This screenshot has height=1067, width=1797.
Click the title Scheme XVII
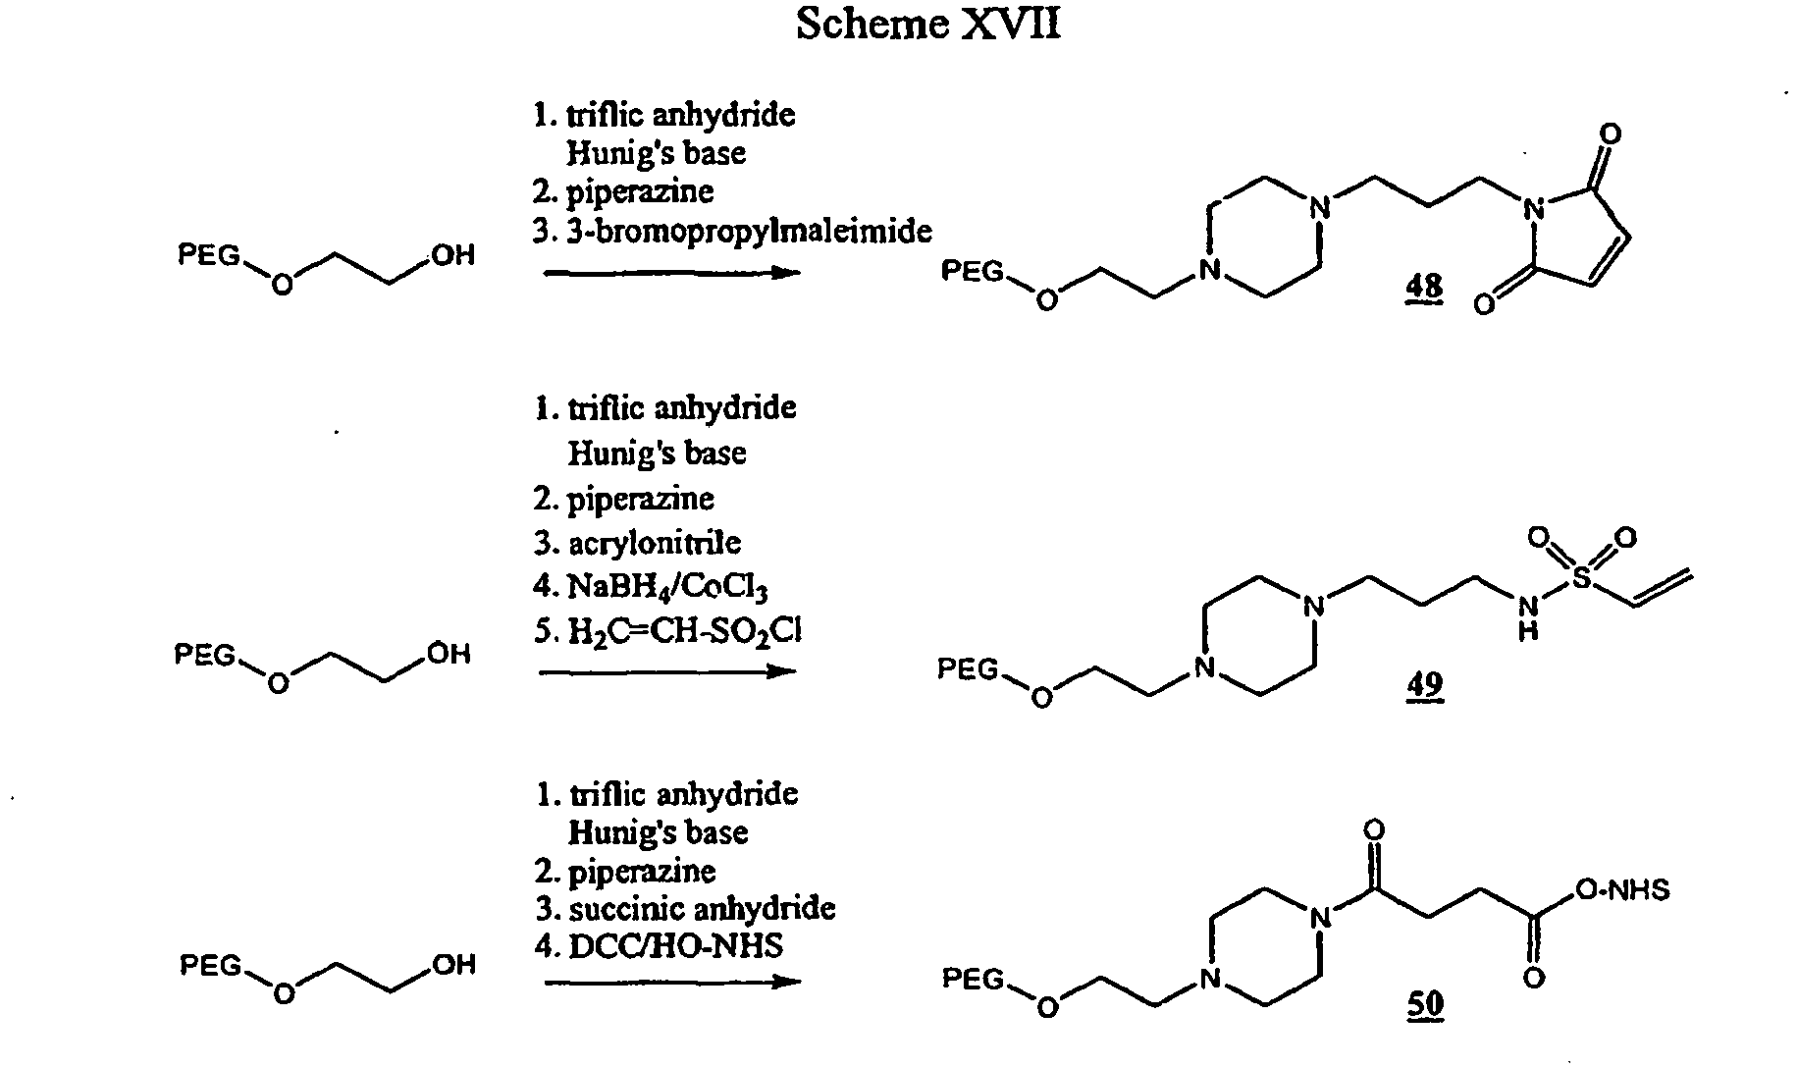927,24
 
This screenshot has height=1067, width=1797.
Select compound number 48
1424,288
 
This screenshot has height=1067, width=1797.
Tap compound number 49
1424,684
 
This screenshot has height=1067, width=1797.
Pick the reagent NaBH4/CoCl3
666,588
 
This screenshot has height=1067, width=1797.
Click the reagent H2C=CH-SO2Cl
684,632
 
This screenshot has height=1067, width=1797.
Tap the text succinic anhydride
703,909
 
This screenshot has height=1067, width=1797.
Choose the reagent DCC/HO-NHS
676,946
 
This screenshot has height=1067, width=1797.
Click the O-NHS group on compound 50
1622,890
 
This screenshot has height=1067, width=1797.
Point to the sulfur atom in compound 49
1581,579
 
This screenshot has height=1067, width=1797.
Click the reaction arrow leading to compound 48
672,272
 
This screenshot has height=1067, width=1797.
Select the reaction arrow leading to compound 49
668,672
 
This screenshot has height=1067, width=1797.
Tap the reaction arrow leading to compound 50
672,982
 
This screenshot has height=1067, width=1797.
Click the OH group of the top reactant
451,256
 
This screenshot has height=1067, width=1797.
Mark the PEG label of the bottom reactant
210,967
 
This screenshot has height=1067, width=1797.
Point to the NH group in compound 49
1528,617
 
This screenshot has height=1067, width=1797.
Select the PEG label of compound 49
968,669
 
